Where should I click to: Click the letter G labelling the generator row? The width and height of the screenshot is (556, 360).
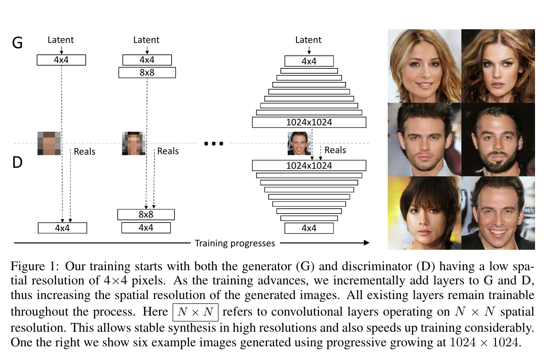click(17, 43)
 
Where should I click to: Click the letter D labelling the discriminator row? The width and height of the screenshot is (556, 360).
click(17, 162)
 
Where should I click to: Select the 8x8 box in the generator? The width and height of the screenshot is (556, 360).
click(147, 73)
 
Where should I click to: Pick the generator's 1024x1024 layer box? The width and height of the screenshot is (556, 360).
click(309, 122)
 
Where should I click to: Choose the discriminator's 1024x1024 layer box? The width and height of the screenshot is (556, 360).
click(309, 165)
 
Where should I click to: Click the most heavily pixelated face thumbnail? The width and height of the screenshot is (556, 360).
click(49, 143)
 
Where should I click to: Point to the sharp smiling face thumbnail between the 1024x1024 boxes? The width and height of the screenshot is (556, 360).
click(299, 143)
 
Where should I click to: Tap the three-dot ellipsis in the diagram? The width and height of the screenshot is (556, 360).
click(213, 144)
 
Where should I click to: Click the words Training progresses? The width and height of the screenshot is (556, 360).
click(235, 243)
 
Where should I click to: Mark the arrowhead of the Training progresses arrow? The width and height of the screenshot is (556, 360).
click(366, 242)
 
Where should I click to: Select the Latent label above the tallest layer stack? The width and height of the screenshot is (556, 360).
click(309, 40)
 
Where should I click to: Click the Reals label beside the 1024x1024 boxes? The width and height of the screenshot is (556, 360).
click(335, 150)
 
